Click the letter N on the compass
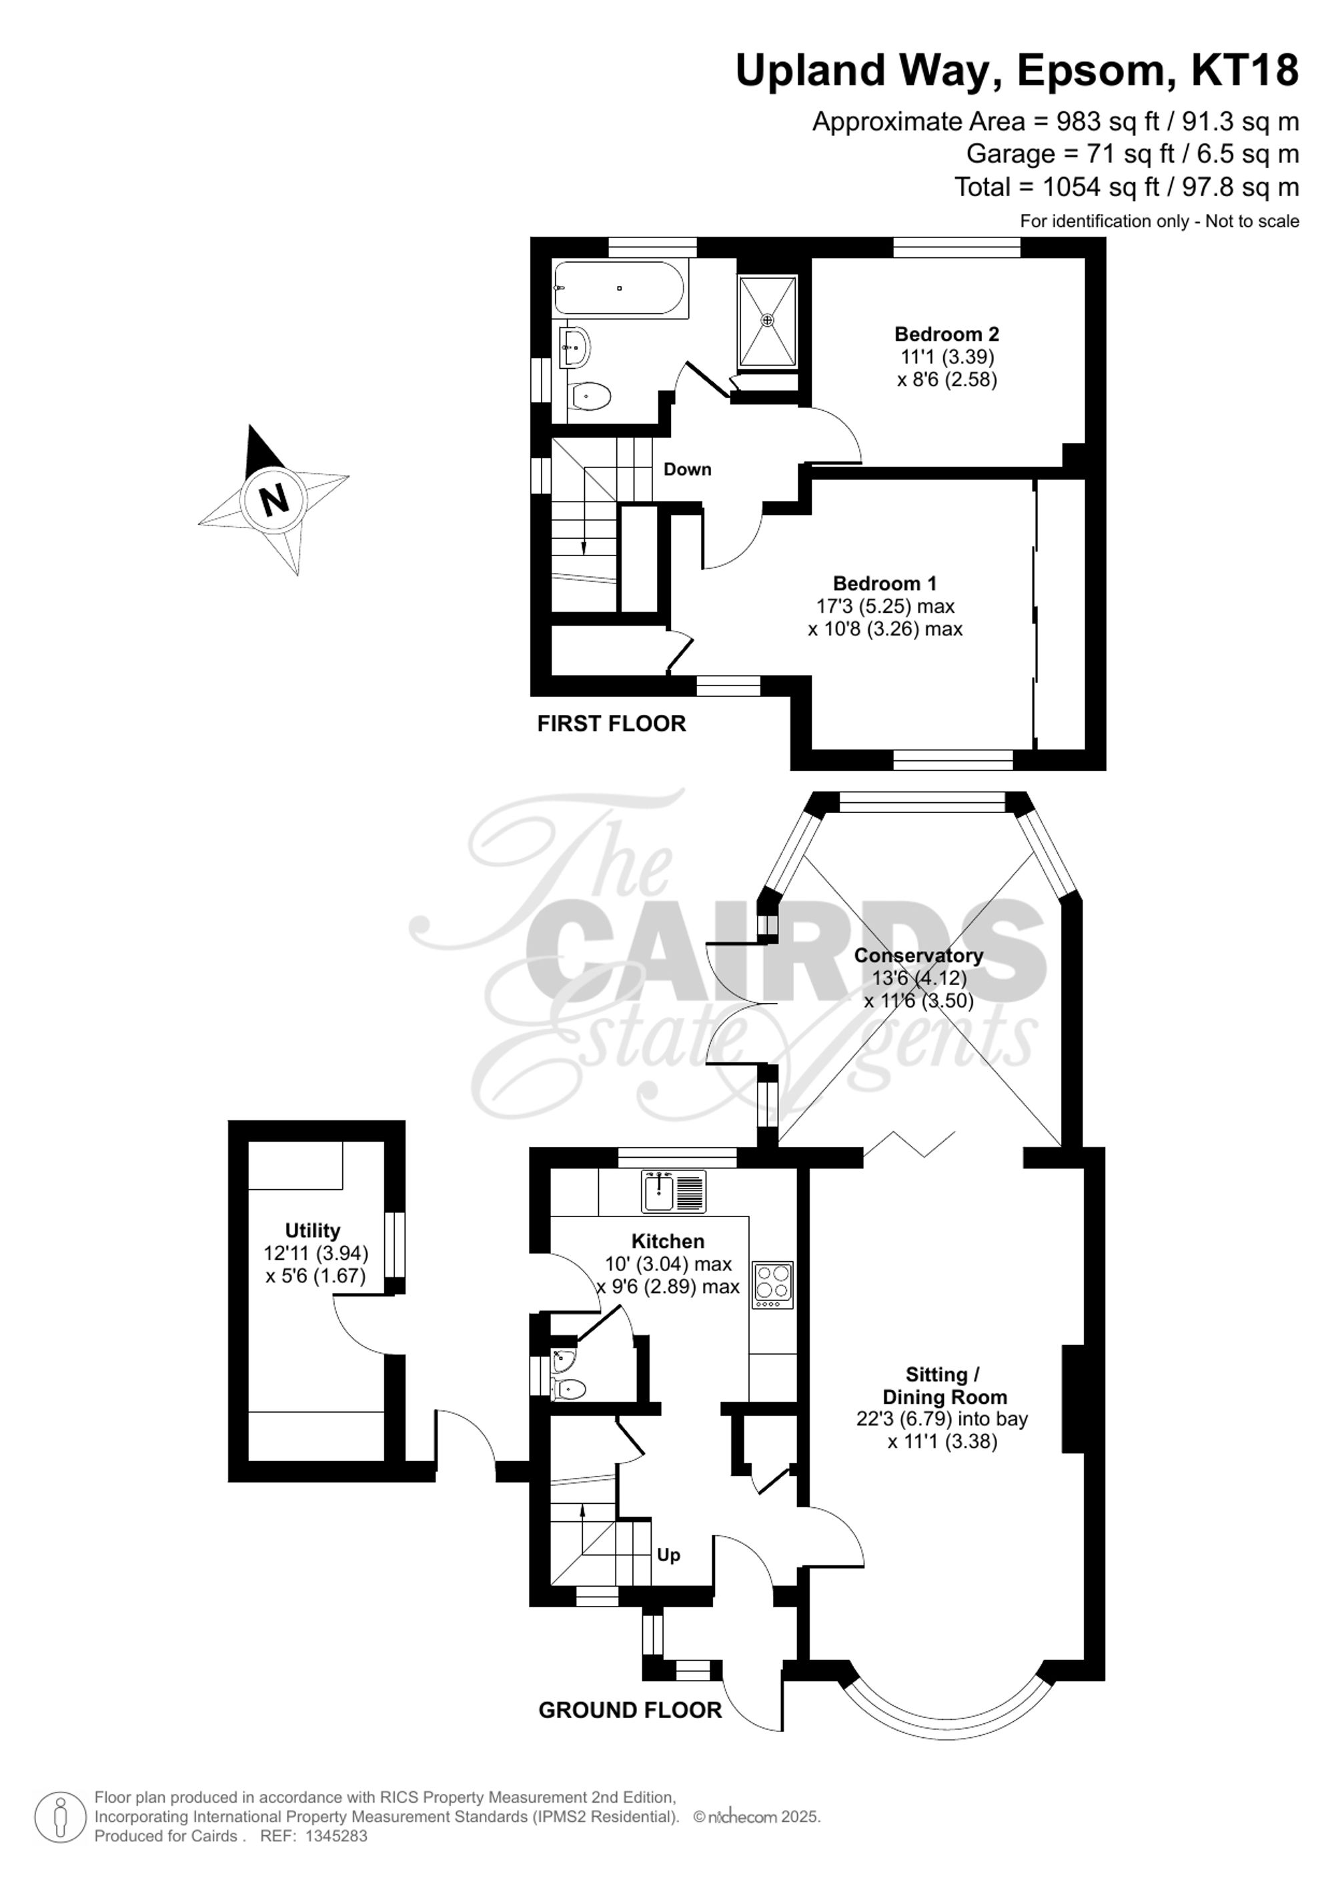tap(273, 499)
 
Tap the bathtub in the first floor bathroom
tap(621, 288)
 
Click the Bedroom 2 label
tap(946, 334)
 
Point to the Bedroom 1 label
tap(884, 584)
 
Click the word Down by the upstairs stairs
tap(687, 469)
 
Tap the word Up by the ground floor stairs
tap(668, 1555)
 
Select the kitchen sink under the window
tap(673, 1192)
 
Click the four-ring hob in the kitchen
tap(773, 1284)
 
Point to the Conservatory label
tap(918, 955)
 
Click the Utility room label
tap(312, 1230)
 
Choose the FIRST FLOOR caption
tap(611, 724)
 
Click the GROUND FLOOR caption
tap(630, 1710)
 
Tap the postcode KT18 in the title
tap(1245, 71)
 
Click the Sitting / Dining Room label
tap(943, 1386)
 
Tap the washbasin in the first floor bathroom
tap(574, 347)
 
